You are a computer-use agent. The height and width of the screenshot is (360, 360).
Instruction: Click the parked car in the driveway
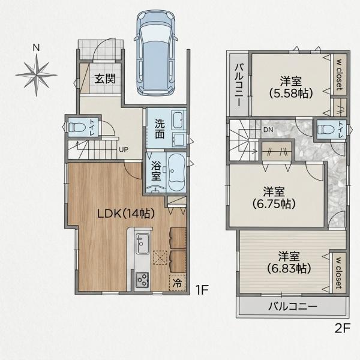(x=156, y=53)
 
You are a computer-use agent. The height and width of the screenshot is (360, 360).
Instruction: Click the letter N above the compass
(x=36, y=48)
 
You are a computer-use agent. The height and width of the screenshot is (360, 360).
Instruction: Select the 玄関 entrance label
(x=105, y=79)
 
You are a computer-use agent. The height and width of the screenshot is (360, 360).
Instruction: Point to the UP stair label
(x=124, y=149)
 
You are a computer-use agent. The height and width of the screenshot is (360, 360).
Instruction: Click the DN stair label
(x=268, y=130)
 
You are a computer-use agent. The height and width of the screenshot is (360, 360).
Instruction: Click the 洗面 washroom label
(x=160, y=129)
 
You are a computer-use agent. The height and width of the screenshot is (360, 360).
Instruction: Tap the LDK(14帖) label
(x=126, y=214)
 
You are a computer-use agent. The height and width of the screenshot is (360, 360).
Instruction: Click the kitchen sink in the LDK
(x=143, y=244)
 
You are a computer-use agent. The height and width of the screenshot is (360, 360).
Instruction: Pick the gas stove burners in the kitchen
(x=142, y=280)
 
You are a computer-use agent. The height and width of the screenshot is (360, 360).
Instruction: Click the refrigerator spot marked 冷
(x=177, y=283)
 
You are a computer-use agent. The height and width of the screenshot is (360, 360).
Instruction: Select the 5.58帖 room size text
(x=291, y=93)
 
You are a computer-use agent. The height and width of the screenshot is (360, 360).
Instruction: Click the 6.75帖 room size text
(x=274, y=203)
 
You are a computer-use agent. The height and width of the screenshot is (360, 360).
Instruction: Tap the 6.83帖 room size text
(x=289, y=268)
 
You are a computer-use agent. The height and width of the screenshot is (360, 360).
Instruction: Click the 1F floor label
(x=202, y=290)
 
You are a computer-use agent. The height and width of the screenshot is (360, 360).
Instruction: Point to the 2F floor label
(x=342, y=329)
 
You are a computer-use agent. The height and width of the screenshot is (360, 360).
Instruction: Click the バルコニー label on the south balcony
(x=293, y=306)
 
